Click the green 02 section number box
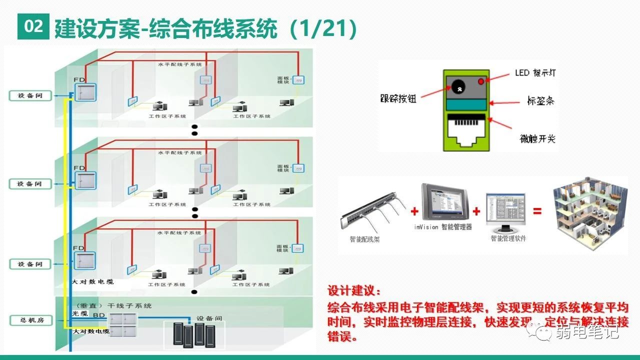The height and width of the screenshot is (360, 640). click(33, 27)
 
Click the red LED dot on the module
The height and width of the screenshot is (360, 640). click(481, 81)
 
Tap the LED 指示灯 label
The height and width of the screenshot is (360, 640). click(535, 73)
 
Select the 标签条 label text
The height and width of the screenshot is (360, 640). click(540, 101)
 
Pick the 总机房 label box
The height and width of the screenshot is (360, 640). click(30, 320)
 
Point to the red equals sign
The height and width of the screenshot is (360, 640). click(537, 211)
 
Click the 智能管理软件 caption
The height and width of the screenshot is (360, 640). click(508, 238)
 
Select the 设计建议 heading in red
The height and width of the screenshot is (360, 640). click(354, 291)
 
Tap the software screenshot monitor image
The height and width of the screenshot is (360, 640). click(506, 208)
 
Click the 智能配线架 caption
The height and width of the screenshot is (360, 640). click(364, 239)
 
